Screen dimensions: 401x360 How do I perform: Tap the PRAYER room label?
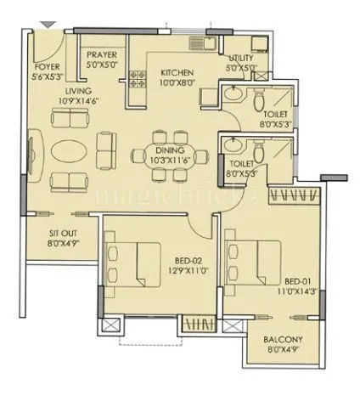[x=103, y=56]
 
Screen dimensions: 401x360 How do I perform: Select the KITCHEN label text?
[x=177, y=73]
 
